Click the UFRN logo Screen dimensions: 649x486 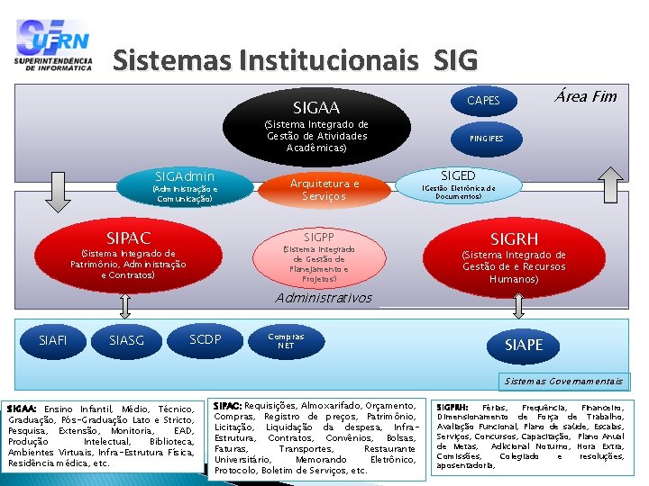click(53, 45)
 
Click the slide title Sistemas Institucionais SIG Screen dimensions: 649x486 click(295, 60)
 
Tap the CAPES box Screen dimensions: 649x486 click(483, 100)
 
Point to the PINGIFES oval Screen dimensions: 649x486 click(486, 139)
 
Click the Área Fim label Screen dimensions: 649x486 click(586, 96)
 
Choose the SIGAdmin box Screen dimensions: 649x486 click(184, 184)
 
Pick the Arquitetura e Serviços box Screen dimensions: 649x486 click(324, 189)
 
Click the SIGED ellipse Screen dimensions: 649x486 click(458, 184)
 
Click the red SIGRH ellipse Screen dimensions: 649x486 click(514, 255)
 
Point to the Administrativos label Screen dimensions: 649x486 click(324, 298)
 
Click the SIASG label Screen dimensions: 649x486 click(126, 340)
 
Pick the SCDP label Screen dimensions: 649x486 click(206, 338)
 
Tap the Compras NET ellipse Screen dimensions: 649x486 click(286, 340)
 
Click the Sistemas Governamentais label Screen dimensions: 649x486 click(564, 381)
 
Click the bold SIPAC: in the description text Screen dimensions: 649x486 click(227, 406)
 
